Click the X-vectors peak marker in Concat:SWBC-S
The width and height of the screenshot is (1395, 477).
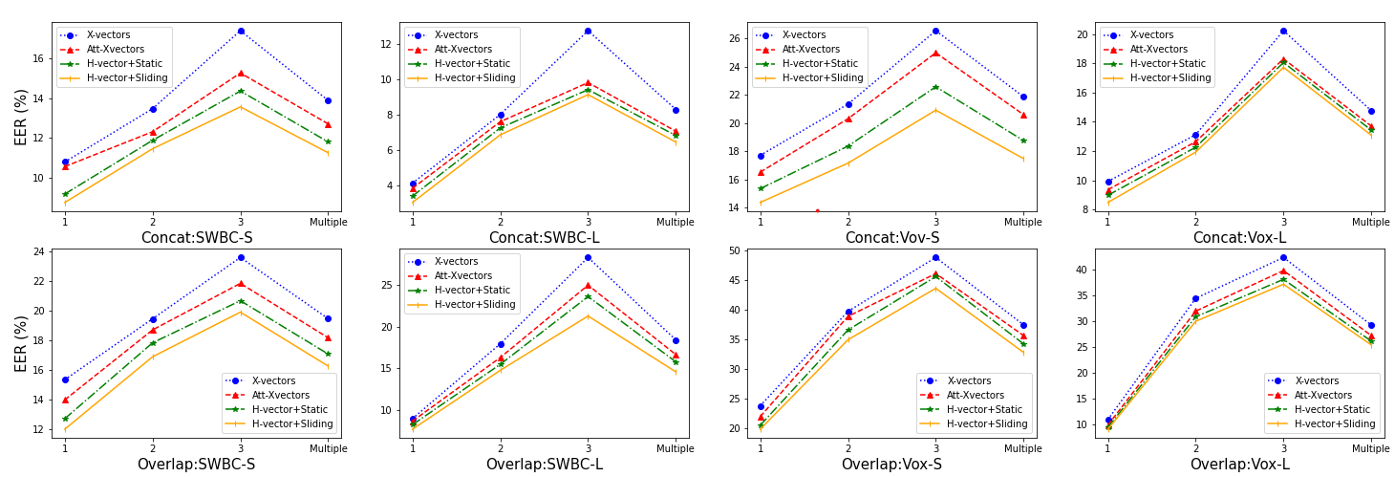point(241,31)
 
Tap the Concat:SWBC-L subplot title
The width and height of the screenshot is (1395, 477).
point(545,238)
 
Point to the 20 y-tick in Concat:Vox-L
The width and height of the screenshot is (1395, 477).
point(1083,34)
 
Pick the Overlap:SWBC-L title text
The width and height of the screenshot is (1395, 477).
point(545,465)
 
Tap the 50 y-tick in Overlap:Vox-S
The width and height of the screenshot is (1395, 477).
point(735,250)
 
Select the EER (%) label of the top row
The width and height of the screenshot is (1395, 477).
point(21,117)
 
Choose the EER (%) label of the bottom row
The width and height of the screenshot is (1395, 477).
point(21,343)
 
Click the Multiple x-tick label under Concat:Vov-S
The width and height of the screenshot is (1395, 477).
point(1023,222)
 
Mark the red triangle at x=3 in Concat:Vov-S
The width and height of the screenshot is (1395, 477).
point(935,53)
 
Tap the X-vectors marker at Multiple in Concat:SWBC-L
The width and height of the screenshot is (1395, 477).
point(676,110)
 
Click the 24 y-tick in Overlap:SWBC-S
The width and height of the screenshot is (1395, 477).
point(39,251)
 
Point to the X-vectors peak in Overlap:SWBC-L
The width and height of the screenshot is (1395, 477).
point(588,257)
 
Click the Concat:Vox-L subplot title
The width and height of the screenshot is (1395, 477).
point(1239,238)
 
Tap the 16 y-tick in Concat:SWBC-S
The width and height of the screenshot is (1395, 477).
point(39,58)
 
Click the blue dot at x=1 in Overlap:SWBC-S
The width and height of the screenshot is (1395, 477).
point(65,379)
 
